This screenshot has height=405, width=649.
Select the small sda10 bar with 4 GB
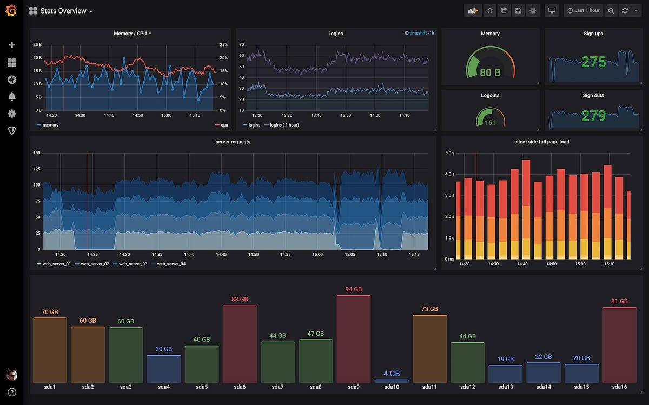392,381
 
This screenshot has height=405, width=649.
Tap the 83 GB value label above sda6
240,299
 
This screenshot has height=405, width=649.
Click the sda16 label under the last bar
619,387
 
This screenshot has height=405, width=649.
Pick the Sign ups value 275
593,62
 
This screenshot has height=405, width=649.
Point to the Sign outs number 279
593,116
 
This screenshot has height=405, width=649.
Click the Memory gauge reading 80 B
490,72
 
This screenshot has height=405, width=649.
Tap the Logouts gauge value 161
490,123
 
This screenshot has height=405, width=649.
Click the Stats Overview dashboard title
63,11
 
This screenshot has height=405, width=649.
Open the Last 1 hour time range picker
583,10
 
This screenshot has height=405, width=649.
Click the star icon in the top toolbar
489,10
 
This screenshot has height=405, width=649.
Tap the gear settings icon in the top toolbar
533,10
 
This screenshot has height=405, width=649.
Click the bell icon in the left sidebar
11,96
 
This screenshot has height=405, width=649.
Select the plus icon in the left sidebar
11,45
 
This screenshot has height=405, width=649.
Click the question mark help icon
11,392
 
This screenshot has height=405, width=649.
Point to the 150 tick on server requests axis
37,152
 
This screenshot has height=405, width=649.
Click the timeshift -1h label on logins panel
419,33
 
